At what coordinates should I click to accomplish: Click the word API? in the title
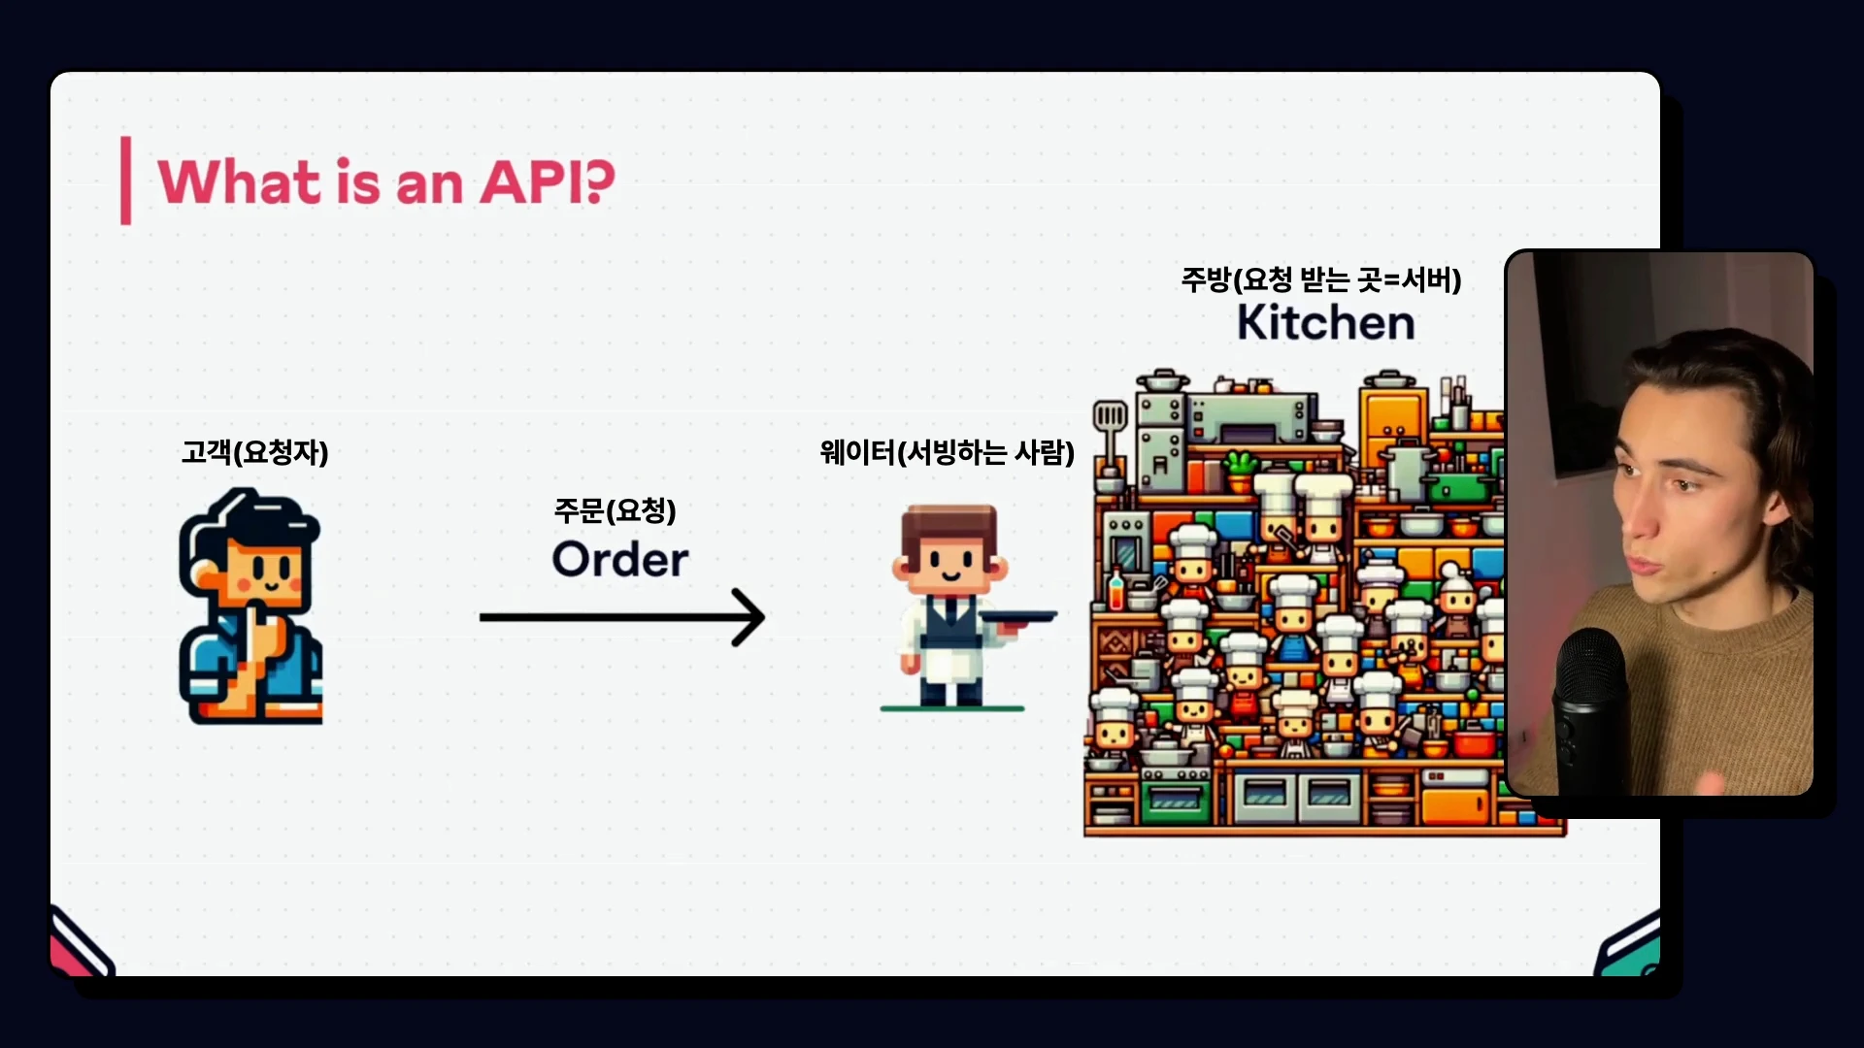pos(548,181)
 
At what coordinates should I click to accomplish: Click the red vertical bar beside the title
pos(125,180)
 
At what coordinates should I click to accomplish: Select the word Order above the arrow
pos(620,559)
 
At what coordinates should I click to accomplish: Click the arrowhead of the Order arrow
pos(749,617)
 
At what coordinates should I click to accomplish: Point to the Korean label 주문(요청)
pos(615,510)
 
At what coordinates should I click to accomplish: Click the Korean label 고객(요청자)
pos(255,452)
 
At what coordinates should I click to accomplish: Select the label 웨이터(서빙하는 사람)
pos(948,452)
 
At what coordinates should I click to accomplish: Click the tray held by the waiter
pos(1017,617)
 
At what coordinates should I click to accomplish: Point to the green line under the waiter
pos(952,708)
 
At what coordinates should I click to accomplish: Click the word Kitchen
pos(1326,322)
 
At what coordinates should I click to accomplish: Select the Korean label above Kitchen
pos(1321,279)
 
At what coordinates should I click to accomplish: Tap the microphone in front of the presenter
pos(1592,708)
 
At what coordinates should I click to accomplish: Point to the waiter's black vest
pos(951,621)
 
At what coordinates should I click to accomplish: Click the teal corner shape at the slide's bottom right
pos(1631,946)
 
